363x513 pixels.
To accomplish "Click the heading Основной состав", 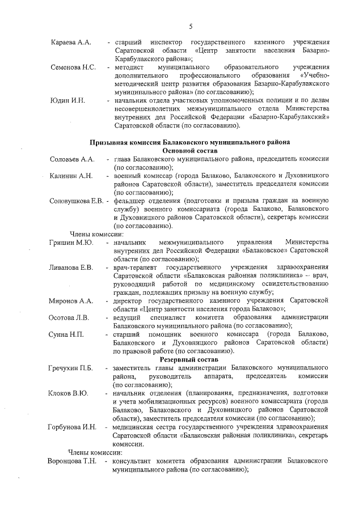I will pyautogui.click(x=190, y=151).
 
